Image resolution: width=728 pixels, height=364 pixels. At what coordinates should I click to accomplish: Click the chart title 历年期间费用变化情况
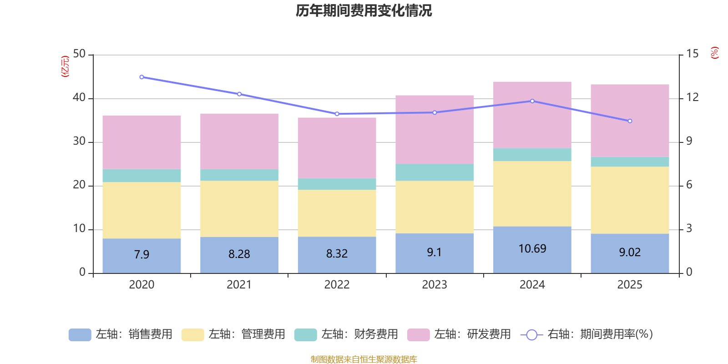point(364,10)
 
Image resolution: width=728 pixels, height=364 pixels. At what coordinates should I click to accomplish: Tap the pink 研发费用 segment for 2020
point(142,142)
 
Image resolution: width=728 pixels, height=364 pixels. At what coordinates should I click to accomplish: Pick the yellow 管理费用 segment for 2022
point(337,212)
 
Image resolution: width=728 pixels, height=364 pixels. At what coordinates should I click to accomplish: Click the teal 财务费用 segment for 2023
point(435,172)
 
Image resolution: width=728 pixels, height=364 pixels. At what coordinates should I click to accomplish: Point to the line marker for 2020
point(142,77)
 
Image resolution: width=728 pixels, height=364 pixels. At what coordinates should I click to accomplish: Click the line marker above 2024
point(532,101)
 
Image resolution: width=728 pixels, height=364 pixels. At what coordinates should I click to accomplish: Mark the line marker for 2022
point(337,114)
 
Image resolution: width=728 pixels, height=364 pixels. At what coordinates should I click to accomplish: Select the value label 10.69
point(532,249)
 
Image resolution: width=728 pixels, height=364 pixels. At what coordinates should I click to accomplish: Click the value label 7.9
point(142,254)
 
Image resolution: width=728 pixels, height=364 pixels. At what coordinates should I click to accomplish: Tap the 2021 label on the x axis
point(239,285)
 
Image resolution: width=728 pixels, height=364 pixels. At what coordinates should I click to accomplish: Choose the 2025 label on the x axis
point(630,285)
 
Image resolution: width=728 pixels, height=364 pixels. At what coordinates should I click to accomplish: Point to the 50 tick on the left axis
point(79,54)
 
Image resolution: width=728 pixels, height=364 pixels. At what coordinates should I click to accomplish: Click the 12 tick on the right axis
point(693,97)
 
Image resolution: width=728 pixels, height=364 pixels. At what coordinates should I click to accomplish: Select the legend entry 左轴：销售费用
point(121,334)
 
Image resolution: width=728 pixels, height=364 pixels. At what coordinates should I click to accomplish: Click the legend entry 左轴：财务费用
point(347,334)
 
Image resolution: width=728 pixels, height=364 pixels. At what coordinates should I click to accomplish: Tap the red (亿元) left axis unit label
point(65,66)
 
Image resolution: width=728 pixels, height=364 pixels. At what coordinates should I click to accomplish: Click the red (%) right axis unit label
point(715,53)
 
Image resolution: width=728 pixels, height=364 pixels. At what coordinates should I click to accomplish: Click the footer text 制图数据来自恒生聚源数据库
point(364,359)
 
